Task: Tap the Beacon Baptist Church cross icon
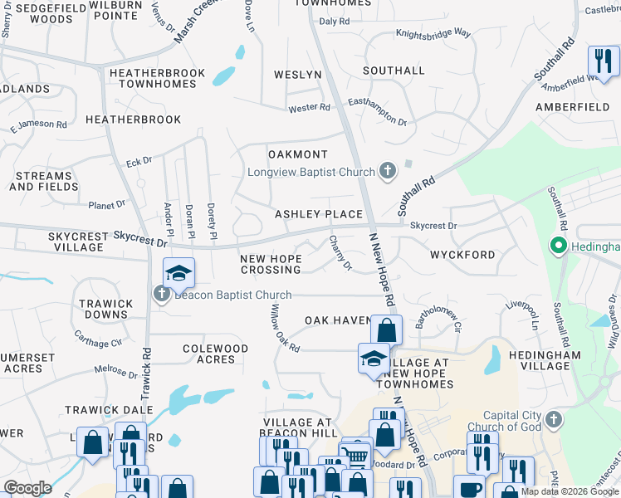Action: (160, 295)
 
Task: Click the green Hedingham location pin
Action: (558, 247)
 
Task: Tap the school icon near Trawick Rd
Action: (178, 272)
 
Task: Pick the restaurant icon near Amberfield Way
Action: (603, 60)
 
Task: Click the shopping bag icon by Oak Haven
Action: (386, 329)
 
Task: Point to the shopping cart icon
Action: (355, 455)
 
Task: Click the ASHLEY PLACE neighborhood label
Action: (320, 214)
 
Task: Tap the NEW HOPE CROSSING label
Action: (271, 264)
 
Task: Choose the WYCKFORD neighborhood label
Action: (462, 255)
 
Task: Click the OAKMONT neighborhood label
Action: (298, 154)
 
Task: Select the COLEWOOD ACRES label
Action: (215, 354)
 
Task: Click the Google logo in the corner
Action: (27, 488)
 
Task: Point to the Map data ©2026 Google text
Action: (570, 491)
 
